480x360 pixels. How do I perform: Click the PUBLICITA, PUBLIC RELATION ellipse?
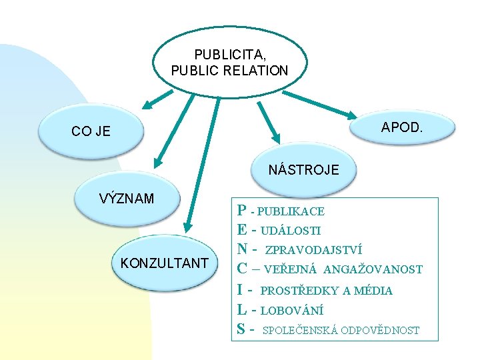tap(229, 62)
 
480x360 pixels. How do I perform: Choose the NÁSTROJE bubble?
tap(303, 169)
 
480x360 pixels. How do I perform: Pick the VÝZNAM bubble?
tap(126, 199)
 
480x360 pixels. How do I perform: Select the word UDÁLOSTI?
tap(290, 231)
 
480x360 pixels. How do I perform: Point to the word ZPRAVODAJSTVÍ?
tap(313, 251)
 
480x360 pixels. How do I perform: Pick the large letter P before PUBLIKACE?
tap(242, 211)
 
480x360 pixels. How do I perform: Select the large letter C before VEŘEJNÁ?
tap(243, 269)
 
